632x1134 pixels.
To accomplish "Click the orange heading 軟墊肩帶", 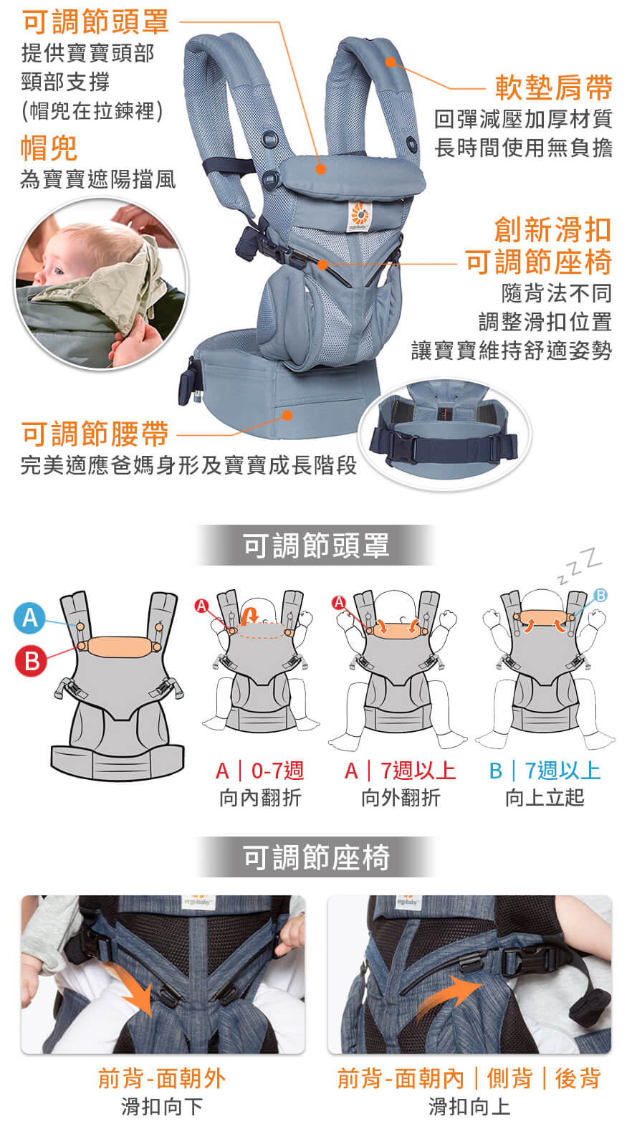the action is tap(554, 87).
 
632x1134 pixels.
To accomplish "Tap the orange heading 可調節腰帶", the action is tap(95, 434).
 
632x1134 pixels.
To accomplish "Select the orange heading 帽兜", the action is tap(49, 148).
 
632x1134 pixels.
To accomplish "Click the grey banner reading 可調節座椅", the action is tap(316, 857).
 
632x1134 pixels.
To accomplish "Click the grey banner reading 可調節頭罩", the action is tap(316, 545).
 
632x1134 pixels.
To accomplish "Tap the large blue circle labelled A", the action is tap(30, 618).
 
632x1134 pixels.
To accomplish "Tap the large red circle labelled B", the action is tap(31, 661).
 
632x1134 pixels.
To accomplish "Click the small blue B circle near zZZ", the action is tap(600, 595).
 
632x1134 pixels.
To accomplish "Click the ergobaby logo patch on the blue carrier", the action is tap(360, 216).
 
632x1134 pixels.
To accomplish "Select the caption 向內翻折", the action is tap(260, 798).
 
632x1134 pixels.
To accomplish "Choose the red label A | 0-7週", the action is tap(259, 771).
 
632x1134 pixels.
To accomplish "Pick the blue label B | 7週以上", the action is tap(545, 771).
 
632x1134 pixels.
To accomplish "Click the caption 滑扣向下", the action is tap(162, 1107).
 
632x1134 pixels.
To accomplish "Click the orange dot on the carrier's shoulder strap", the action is tap(390, 62).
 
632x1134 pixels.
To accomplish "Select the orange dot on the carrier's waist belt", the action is tap(287, 415).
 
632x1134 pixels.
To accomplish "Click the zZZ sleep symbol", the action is tap(580, 564).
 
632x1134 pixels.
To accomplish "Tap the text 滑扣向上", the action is tap(469, 1107).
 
